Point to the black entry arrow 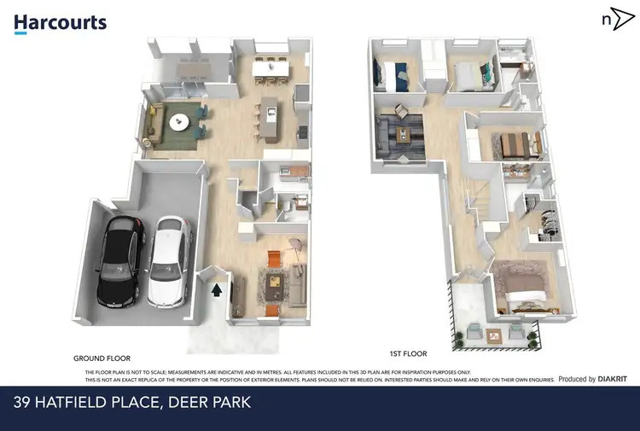[x=217, y=290]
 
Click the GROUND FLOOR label [x=102, y=358]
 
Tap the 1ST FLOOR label [x=409, y=353]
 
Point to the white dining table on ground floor [x=270, y=63]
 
